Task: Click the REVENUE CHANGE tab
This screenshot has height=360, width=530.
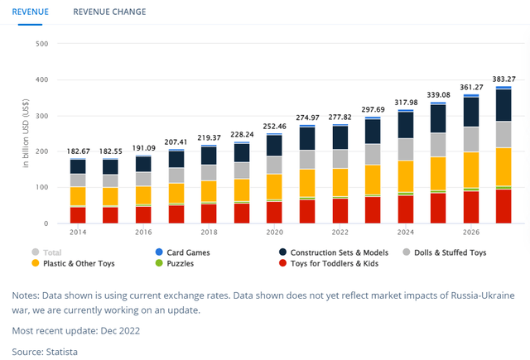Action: point(109,12)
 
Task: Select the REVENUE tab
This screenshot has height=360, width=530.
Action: point(29,12)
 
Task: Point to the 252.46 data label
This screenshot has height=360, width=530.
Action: point(273,127)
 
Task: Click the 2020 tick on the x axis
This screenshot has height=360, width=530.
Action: point(273,233)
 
